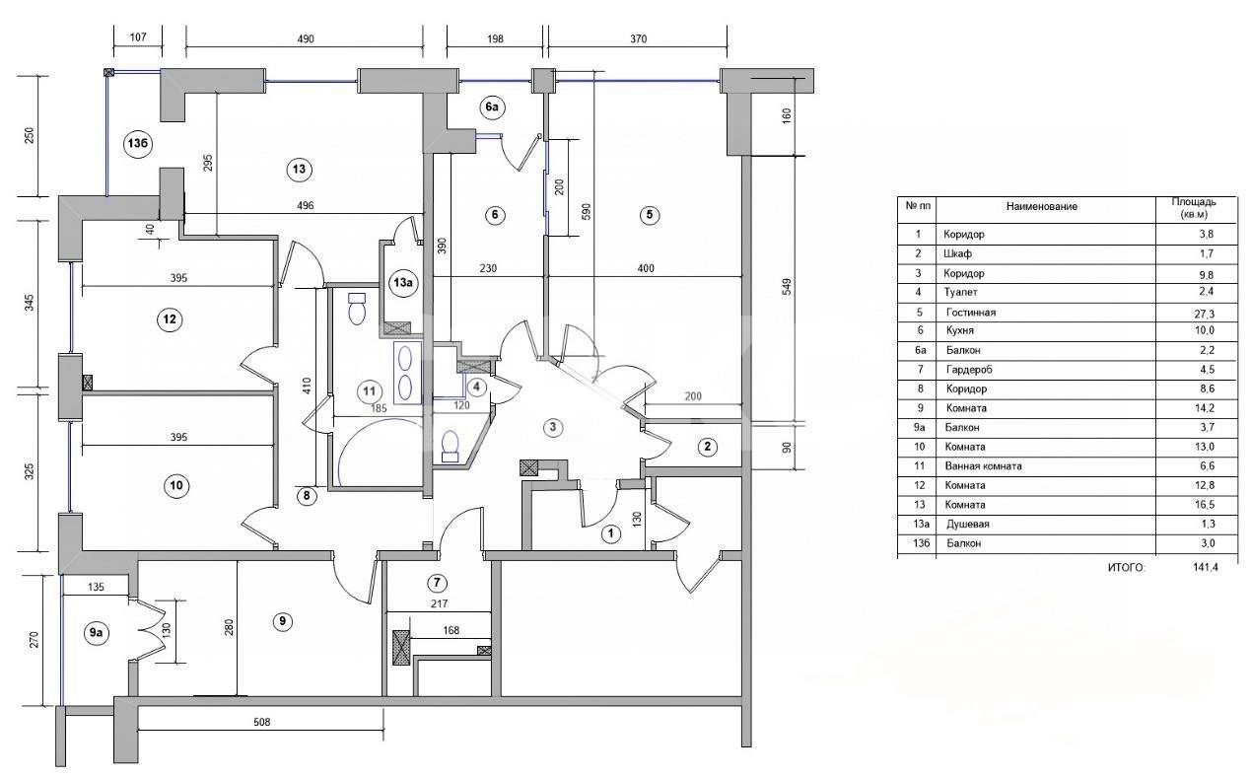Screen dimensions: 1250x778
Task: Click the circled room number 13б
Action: (x=137, y=143)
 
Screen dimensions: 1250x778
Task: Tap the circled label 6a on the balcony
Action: (x=492, y=106)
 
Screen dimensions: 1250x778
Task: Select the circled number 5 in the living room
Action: (x=649, y=215)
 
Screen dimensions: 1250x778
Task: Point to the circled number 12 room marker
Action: (x=170, y=319)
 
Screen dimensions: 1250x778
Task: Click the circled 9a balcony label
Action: (x=96, y=632)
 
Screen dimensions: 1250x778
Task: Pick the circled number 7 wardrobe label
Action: (x=437, y=583)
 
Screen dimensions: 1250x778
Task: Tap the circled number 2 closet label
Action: (x=708, y=447)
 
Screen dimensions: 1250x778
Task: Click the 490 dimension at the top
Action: (x=306, y=39)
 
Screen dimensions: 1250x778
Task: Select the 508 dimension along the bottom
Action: (x=261, y=722)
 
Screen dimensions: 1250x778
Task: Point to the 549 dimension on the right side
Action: (x=787, y=287)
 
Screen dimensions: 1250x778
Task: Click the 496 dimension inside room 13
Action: (x=306, y=205)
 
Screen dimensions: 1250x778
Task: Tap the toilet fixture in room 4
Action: (x=450, y=445)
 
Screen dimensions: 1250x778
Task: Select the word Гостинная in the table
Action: (x=971, y=313)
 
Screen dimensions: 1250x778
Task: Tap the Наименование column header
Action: (x=1042, y=206)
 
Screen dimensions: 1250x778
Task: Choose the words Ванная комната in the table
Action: (x=983, y=466)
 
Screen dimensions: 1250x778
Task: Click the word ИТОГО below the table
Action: (x=1126, y=568)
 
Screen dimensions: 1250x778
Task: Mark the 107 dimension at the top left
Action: (x=138, y=36)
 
